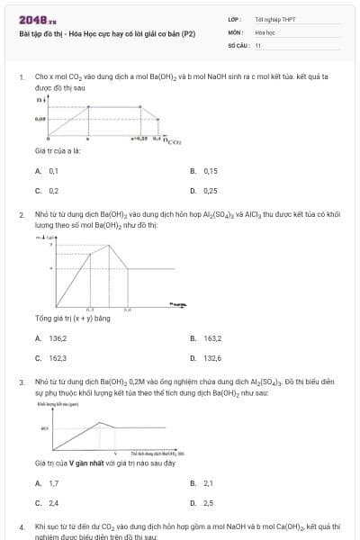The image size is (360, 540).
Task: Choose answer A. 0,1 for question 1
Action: coord(49,170)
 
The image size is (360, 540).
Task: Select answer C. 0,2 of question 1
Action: coord(49,191)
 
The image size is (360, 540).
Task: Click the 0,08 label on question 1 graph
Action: coord(40,118)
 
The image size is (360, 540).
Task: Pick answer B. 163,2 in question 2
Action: coord(207,338)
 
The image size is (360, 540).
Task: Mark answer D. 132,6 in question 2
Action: coord(207,358)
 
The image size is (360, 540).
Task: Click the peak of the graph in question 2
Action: coord(109,245)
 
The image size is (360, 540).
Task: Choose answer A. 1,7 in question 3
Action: coord(49,483)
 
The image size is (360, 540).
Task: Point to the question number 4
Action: coord(21,526)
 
